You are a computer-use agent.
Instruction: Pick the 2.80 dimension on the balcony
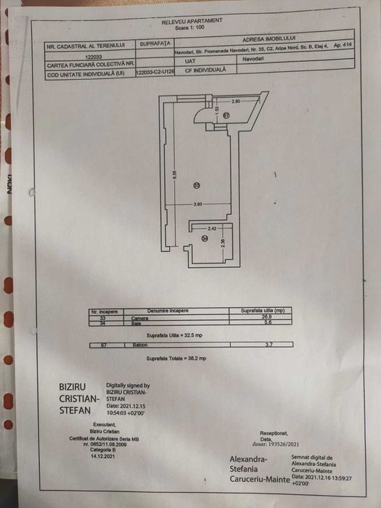(235, 101)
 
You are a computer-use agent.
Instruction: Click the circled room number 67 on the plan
(226, 115)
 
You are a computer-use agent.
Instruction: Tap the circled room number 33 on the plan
(197, 187)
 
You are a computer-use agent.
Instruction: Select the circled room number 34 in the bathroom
(205, 238)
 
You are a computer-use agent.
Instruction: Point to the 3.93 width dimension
(197, 205)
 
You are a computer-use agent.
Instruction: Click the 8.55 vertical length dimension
(174, 175)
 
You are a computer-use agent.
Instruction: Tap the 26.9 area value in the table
(268, 318)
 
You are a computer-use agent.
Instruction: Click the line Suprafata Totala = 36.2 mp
(176, 359)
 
